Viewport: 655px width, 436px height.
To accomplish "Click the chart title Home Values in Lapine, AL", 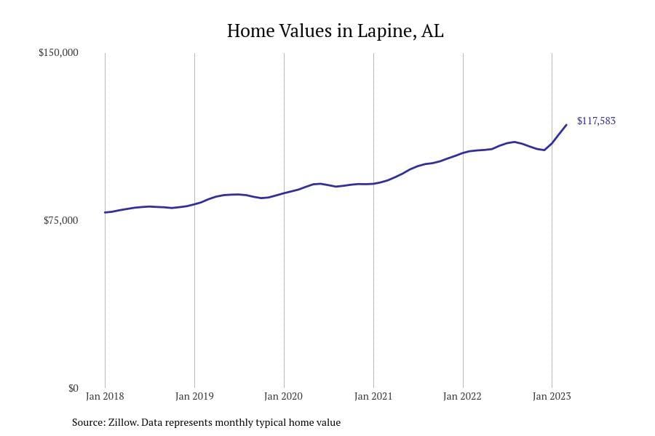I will [x=335, y=31].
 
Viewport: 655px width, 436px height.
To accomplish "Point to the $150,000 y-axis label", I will [x=58, y=53].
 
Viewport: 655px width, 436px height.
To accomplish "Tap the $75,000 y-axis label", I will [x=60, y=221].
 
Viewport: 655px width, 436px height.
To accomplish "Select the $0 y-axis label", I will [x=73, y=388].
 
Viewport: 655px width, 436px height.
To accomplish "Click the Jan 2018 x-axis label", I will [x=105, y=397].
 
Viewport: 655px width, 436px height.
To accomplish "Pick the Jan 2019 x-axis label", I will [x=194, y=397].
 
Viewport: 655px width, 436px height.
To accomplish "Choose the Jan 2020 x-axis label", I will [x=284, y=397].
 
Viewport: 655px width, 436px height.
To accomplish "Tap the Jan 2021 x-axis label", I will [x=373, y=397].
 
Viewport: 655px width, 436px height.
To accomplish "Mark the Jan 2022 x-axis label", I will [x=463, y=397].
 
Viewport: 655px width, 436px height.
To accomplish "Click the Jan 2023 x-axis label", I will [x=552, y=397].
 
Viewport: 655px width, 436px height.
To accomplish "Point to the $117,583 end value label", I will [x=596, y=121].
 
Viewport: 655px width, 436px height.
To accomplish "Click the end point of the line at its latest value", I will [x=566, y=125].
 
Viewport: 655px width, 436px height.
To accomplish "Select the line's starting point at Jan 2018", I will [x=106, y=212].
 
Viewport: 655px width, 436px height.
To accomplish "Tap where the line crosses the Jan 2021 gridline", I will [x=373, y=184].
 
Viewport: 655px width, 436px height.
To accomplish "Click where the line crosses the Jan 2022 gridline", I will [x=463, y=153].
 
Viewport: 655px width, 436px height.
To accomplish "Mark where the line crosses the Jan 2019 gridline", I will [x=194, y=203].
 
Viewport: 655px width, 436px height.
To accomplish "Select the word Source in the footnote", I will [x=87, y=422].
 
